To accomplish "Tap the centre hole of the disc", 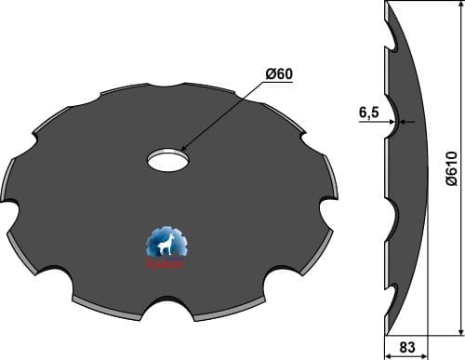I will [168, 159].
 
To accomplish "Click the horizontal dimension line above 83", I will [405, 335].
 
